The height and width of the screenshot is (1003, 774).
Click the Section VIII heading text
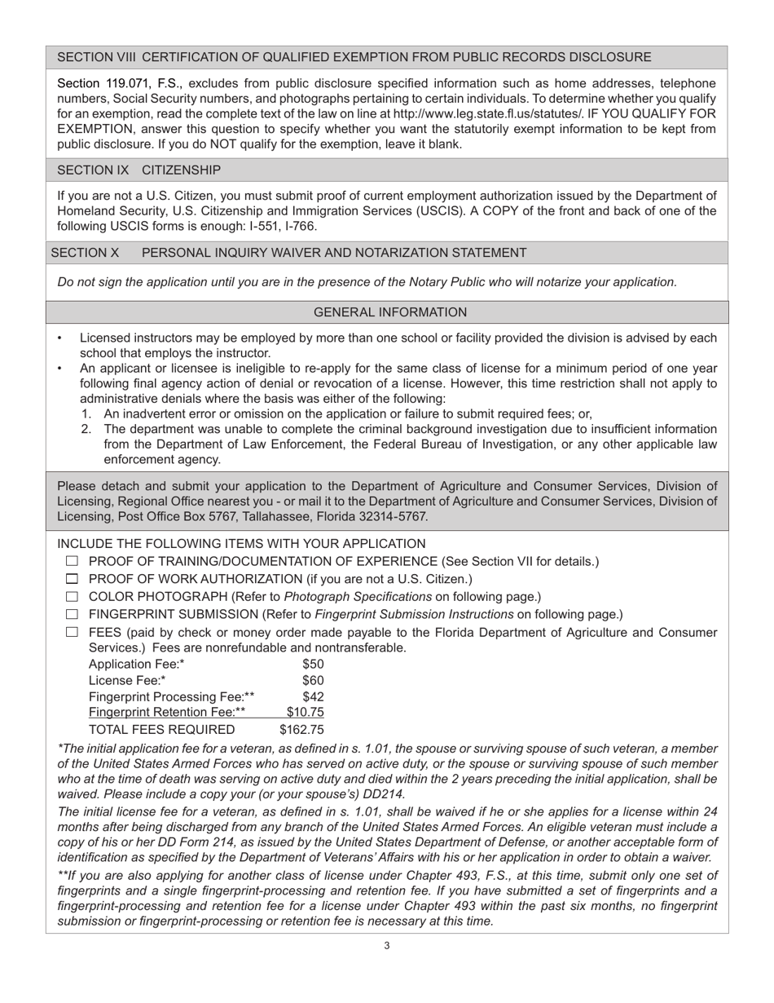[x=354, y=57]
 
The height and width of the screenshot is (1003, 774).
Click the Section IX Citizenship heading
[x=139, y=170]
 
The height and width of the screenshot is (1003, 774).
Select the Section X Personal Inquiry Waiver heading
[x=288, y=253]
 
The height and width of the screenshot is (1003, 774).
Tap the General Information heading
[x=390, y=312]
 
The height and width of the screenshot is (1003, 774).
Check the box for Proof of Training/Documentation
[x=72, y=561]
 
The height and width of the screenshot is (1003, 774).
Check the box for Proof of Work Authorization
[x=72, y=579]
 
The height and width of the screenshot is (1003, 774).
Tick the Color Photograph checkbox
[x=72, y=597]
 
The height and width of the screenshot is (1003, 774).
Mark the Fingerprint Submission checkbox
[x=72, y=614]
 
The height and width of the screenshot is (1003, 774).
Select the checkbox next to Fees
[x=72, y=632]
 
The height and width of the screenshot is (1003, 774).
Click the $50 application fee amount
[x=313, y=664]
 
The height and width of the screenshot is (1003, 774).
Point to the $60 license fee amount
[x=313, y=680]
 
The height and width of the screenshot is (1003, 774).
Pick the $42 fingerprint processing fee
[x=313, y=696]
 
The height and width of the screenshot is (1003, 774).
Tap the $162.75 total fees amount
[x=301, y=729]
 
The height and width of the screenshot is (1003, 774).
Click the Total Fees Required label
[x=161, y=729]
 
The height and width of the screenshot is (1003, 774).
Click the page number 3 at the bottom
[x=387, y=946]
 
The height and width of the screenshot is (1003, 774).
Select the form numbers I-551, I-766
[x=275, y=226]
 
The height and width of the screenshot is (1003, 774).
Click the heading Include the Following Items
[x=241, y=544]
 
